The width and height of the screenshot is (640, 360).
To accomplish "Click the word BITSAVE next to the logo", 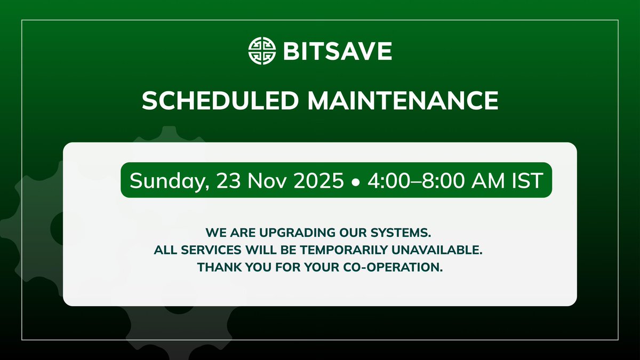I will click(337, 51).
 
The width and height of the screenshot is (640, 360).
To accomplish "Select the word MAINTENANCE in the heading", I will click(403, 101).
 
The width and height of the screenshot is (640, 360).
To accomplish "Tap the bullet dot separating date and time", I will click(355, 182).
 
